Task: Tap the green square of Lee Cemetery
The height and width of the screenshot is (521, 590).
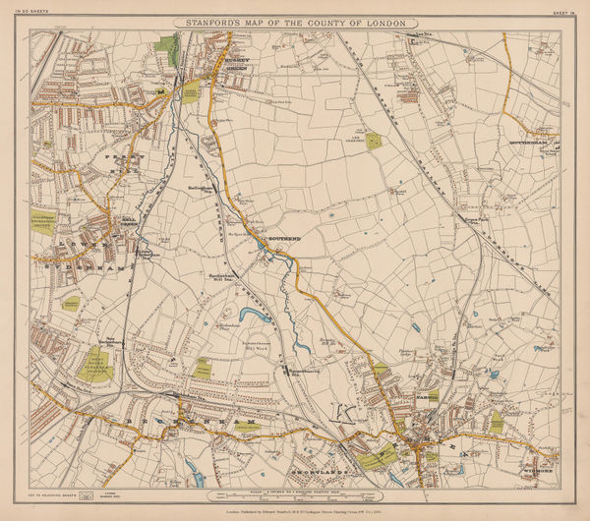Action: [x=376, y=141]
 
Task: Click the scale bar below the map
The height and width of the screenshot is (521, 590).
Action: [x=295, y=488]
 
